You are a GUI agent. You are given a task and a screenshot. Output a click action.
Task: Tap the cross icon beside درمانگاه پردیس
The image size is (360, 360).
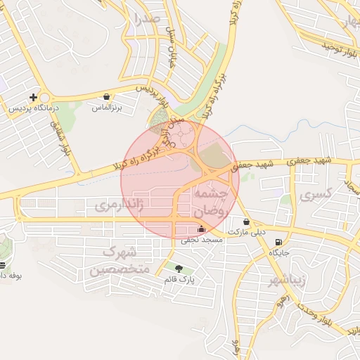33,97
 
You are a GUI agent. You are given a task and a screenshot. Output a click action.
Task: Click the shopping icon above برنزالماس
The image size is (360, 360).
106,97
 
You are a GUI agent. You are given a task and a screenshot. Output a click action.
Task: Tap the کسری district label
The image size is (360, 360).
314,195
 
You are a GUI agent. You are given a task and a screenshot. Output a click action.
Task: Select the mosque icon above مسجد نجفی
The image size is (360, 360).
202,228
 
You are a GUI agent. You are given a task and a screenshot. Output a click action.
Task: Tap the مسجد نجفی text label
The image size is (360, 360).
202,240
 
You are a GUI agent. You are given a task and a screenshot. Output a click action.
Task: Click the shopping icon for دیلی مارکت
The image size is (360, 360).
245,221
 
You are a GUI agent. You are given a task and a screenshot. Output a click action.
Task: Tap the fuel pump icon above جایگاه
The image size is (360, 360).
280,239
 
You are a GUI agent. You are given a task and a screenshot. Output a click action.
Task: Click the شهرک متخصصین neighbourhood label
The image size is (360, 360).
116,260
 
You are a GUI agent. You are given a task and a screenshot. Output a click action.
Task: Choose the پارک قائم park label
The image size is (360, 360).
179,279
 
